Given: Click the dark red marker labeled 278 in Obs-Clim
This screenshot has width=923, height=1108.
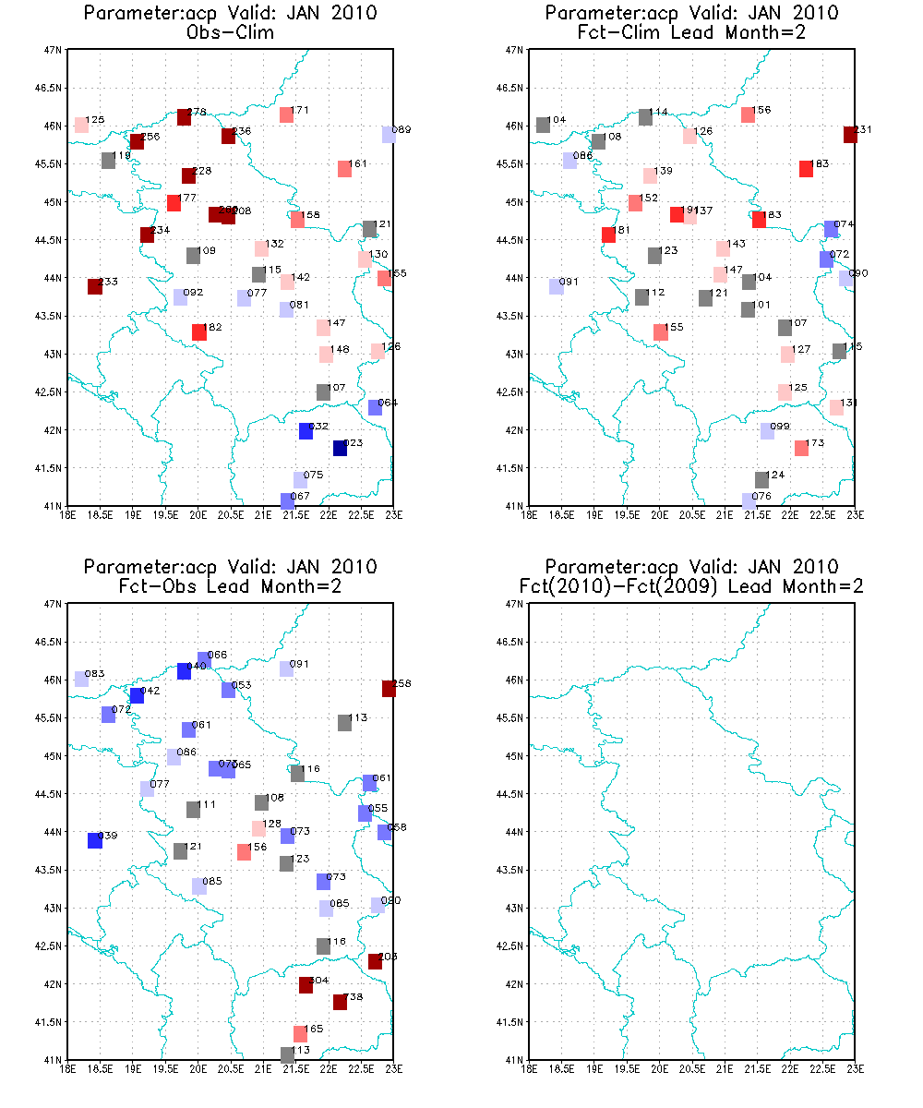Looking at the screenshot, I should pyautogui.click(x=184, y=117).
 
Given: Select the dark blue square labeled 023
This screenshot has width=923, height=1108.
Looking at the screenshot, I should pyautogui.click(x=340, y=448).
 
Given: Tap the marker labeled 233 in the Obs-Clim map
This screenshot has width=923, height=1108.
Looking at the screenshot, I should pyautogui.click(x=95, y=286).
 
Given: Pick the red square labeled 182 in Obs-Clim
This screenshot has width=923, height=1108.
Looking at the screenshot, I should pyautogui.click(x=199, y=332).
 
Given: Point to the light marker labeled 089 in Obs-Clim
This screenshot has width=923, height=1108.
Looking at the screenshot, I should pyautogui.click(x=389, y=135).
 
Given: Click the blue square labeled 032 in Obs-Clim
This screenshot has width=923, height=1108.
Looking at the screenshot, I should pyautogui.click(x=306, y=431).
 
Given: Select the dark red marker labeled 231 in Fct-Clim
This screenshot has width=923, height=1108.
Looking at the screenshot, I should pyautogui.click(x=850, y=135).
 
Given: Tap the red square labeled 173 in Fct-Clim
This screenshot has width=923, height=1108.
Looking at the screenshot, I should pyautogui.click(x=801, y=449).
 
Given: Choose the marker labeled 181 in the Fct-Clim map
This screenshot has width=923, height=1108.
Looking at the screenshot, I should pyautogui.click(x=608, y=235).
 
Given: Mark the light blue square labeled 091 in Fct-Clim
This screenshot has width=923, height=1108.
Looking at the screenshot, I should pyautogui.click(x=557, y=286).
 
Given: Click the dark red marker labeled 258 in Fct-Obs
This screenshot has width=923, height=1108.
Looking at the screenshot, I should pyautogui.click(x=389, y=688).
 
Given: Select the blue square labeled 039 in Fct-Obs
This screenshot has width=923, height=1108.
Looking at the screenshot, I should pyautogui.click(x=95, y=840).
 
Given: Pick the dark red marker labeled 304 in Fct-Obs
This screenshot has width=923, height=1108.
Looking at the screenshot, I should pyautogui.click(x=306, y=985).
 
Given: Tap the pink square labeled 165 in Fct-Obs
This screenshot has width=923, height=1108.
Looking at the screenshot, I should pyautogui.click(x=300, y=1034).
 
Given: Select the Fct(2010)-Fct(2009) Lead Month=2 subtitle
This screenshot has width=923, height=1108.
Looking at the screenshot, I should pyautogui.click(x=692, y=585).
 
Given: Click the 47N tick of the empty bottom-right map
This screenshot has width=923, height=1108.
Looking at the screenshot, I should pyautogui.click(x=515, y=604).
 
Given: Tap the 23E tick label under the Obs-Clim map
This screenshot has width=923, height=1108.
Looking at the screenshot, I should pyautogui.click(x=394, y=514).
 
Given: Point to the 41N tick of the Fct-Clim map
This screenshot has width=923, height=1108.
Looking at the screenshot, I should pyautogui.click(x=515, y=506).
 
